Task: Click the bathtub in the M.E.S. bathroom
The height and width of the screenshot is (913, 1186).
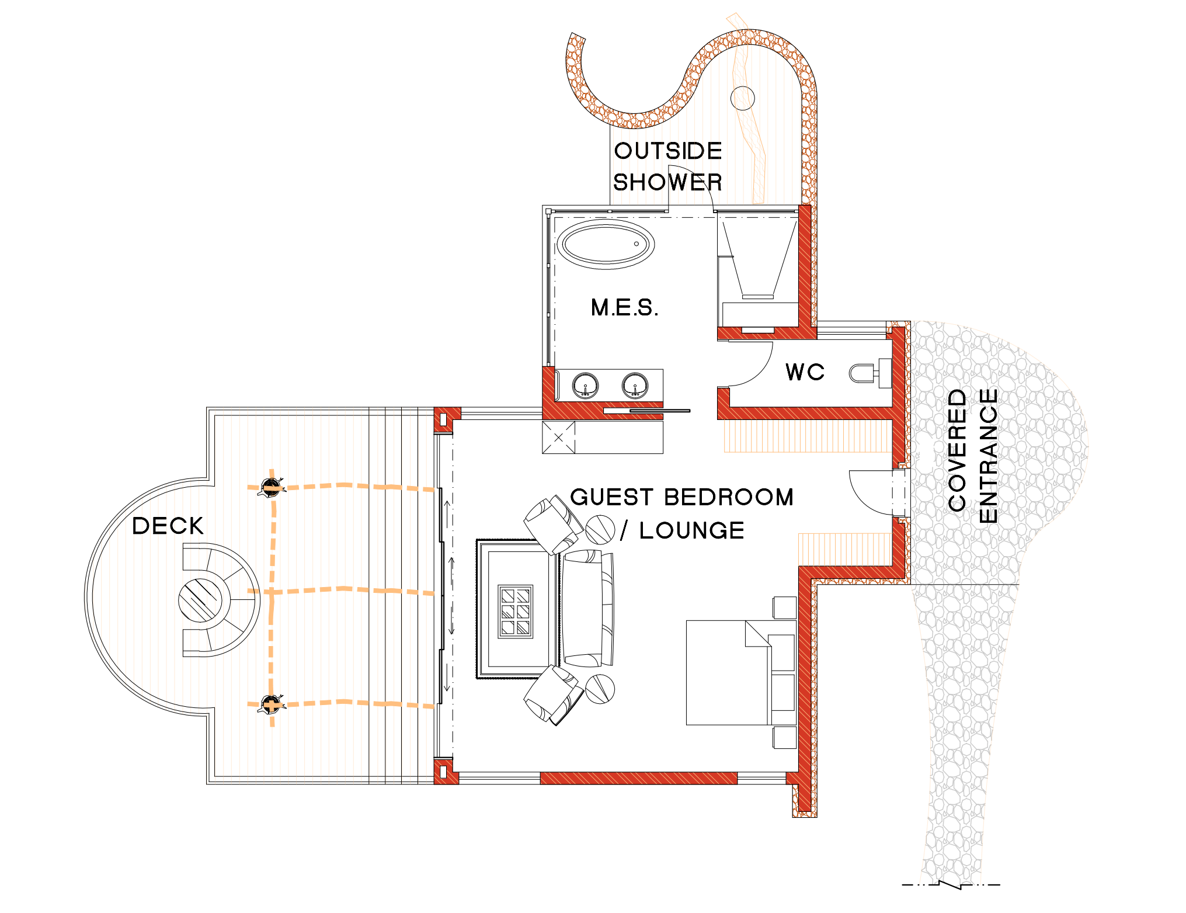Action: pyautogui.click(x=606, y=244)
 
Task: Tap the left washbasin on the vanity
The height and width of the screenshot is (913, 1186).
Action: pyautogui.click(x=585, y=386)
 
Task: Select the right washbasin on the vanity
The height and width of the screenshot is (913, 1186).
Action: pyautogui.click(x=635, y=386)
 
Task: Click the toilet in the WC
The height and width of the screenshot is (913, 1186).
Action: pyautogui.click(x=869, y=373)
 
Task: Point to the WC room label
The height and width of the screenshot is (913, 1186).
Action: pyautogui.click(x=805, y=372)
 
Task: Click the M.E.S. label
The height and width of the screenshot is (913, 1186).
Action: pyautogui.click(x=624, y=307)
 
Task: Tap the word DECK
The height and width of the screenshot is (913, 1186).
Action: pyautogui.click(x=168, y=526)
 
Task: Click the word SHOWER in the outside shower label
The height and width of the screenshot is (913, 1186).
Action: pyautogui.click(x=667, y=182)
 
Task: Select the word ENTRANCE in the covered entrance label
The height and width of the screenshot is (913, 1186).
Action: pyautogui.click(x=988, y=456)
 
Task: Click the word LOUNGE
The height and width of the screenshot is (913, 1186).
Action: pyautogui.click(x=692, y=530)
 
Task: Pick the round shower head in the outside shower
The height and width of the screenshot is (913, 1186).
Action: pyautogui.click(x=743, y=98)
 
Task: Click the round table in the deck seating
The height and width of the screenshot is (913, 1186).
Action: pyautogui.click(x=200, y=600)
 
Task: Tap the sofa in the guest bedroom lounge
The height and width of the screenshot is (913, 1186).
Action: pyautogui.click(x=587, y=608)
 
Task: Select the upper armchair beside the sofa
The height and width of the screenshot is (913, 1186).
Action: pyautogui.click(x=553, y=525)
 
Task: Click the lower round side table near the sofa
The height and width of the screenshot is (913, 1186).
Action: pyautogui.click(x=600, y=689)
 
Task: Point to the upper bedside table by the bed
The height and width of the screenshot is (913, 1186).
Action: pyautogui.click(x=785, y=607)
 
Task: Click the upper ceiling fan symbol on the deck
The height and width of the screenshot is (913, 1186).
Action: pyautogui.click(x=271, y=487)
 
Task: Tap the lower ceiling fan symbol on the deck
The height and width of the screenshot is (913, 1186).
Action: pyautogui.click(x=271, y=704)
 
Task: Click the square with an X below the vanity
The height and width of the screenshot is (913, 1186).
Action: pyautogui.click(x=559, y=437)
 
